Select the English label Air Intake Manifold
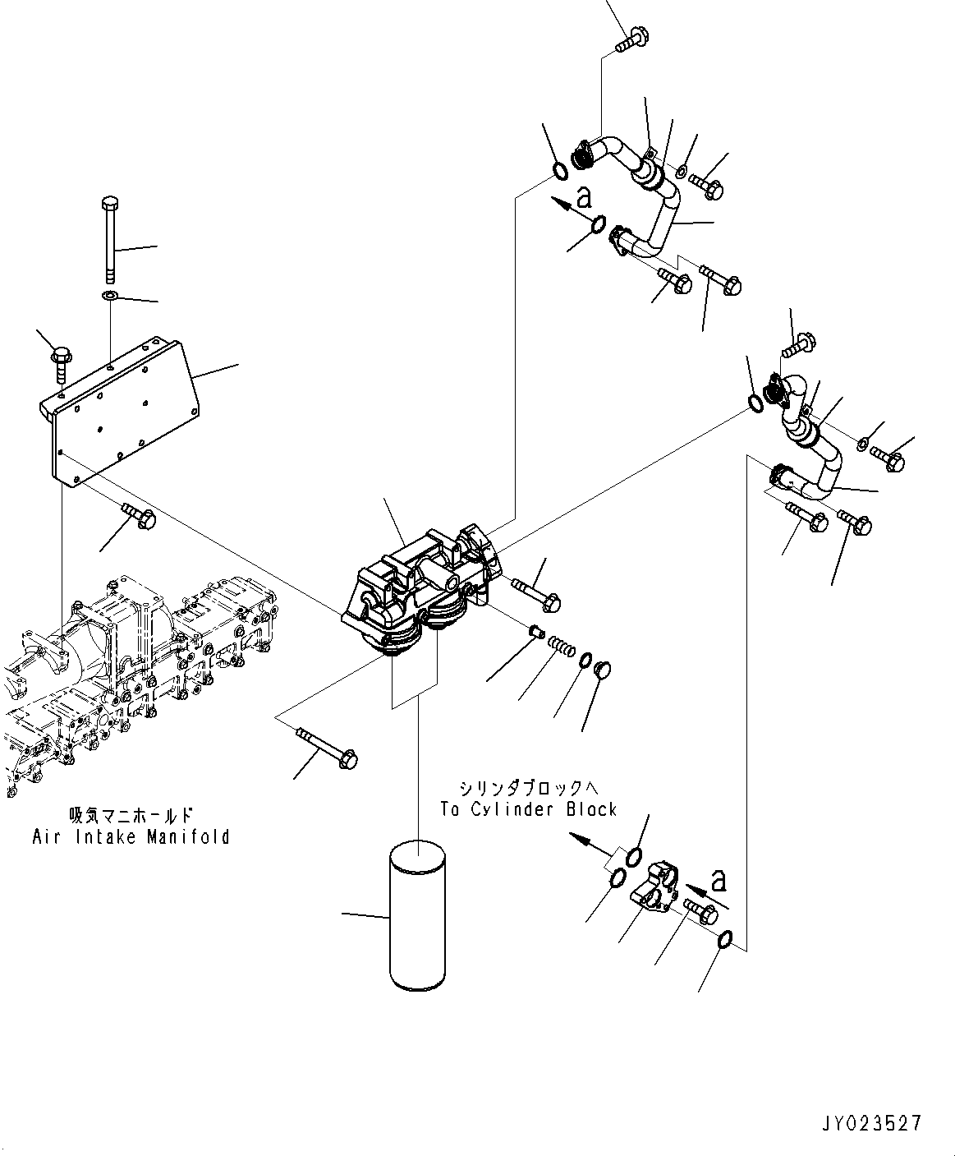click(x=131, y=837)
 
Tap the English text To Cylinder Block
click(x=528, y=809)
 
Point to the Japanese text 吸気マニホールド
click(x=131, y=815)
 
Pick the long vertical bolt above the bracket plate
click(x=109, y=237)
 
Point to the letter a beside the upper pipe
click(x=584, y=196)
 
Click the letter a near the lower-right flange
click(x=719, y=882)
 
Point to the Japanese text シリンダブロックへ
click(x=528, y=788)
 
